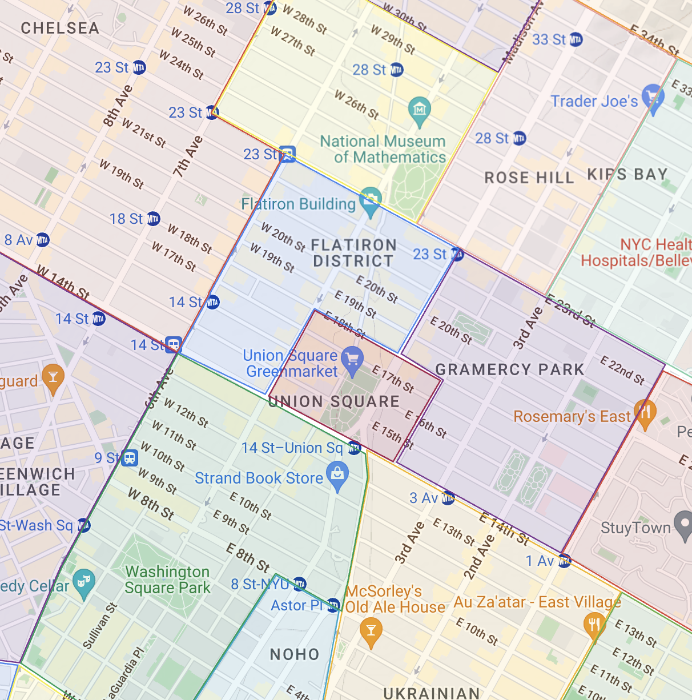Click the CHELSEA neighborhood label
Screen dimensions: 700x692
(60, 28)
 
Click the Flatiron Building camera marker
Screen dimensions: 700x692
(371, 201)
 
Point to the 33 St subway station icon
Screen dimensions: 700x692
(576, 39)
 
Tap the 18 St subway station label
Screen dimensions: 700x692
(127, 219)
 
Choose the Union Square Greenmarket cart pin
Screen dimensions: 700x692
(352, 359)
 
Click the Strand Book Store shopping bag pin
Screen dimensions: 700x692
(337, 474)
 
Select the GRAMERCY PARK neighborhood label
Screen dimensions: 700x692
(510, 369)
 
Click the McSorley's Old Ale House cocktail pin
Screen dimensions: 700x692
(371, 631)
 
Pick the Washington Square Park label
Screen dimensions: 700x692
(167, 580)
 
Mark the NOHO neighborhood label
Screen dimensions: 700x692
(295, 654)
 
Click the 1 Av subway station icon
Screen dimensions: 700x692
(564, 561)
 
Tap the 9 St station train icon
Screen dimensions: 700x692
(130, 458)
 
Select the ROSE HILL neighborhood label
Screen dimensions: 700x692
(529, 178)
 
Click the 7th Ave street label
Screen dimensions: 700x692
(188, 156)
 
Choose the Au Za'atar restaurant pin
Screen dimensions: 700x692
(594, 623)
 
